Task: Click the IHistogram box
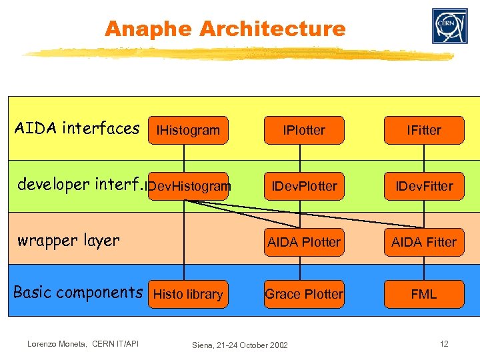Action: click(x=188, y=130)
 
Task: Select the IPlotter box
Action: click(x=304, y=130)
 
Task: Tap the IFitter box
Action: click(x=424, y=130)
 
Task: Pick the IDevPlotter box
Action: click(x=304, y=186)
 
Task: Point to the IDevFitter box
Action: click(x=424, y=186)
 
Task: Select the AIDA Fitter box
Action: click(x=424, y=242)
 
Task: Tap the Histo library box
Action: click(x=188, y=294)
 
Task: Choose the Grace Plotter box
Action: click(x=304, y=294)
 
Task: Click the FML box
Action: click(x=424, y=294)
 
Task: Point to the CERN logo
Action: click(x=449, y=26)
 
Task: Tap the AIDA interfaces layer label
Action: click(x=77, y=128)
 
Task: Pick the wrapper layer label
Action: click(x=68, y=241)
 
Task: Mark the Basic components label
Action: click(x=78, y=292)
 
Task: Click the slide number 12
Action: click(x=444, y=343)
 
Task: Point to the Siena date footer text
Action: click(x=240, y=345)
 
